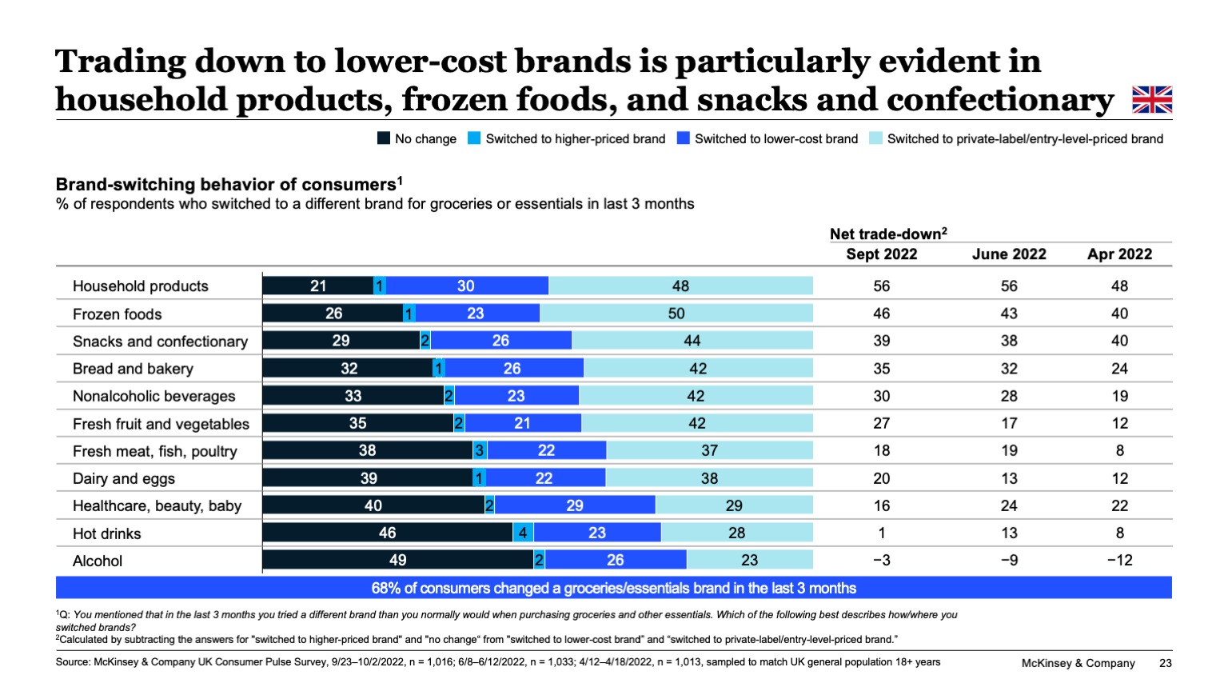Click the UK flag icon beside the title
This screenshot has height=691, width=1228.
click(x=1152, y=100)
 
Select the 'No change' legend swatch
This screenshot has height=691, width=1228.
click(x=384, y=138)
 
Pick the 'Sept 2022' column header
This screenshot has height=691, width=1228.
click(x=881, y=254)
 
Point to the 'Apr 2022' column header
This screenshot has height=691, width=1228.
click(x=1119, y=254)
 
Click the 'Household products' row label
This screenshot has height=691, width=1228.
click(x=141, y=286)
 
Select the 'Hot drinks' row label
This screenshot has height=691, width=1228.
click(x=106, y=533)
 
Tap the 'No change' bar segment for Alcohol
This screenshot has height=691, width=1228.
click(x=397, y=560)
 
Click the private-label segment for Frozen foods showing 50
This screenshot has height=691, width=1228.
click(x=676, y=314)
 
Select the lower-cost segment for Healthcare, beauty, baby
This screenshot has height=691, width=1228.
click(x=575, y=505)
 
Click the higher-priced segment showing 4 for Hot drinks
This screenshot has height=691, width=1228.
click(x=523, y=533)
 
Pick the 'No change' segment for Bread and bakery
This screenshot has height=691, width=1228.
click(x=349, y=369)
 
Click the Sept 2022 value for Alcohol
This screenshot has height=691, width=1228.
click(x=881, y=560)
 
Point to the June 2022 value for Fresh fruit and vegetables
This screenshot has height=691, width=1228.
click(x=1009, y=423)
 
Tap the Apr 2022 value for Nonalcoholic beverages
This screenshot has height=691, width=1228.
click(x=1119, y=396)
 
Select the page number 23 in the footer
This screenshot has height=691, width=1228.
click(x=1165, y=663)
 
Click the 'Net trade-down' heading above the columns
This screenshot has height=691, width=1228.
click(x=887, y=234)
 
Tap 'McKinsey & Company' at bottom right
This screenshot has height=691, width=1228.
click(x=1078, y=663)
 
